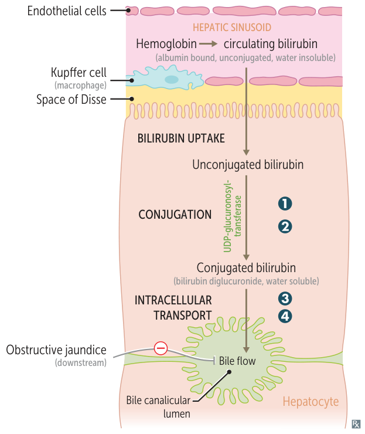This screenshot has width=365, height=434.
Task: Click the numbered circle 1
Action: tap(285, 204)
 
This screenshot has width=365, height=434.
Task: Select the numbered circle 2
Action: tap(285, 226)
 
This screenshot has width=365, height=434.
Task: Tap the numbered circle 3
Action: tap(285, 297)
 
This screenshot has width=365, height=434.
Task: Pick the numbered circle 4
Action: tap(285, 316)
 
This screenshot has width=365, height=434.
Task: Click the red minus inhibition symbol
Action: tap(161, 349)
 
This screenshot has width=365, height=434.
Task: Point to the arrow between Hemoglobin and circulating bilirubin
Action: tap(208, 44)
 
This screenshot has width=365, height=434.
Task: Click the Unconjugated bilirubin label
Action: tap(248, 165)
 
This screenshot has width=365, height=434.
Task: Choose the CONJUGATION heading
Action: tap(175, 215)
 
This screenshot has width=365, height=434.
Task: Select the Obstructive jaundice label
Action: tap(56, 350)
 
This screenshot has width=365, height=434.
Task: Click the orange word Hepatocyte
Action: tap(311, 402)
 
